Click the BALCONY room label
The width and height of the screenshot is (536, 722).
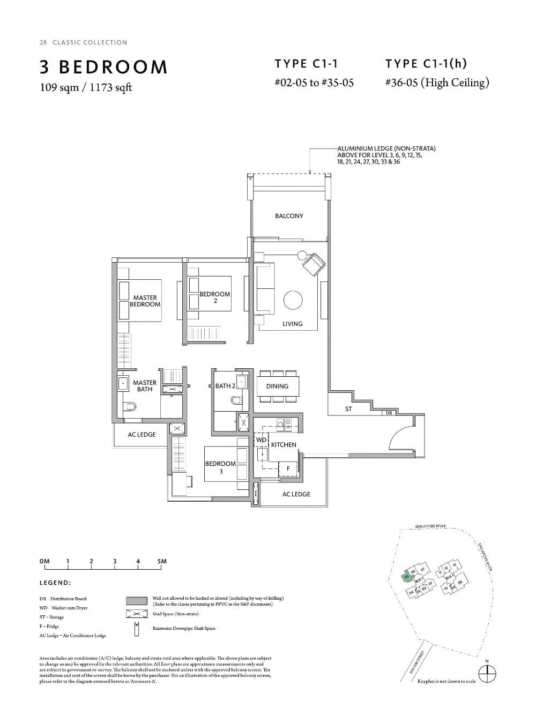click(289, 216)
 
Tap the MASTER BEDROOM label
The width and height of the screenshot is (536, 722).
click(145, 301)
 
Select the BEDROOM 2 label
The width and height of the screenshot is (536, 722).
click(215, 297)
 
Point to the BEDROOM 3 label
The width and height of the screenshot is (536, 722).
click(220, 466)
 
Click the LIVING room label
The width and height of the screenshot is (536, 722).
click(292, 324)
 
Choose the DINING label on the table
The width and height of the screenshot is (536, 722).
click(277, 386)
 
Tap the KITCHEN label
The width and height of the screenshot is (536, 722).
click(284, 444)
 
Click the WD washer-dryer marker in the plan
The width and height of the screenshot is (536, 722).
click(261, 440)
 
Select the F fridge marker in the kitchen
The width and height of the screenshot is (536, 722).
click(288, 468)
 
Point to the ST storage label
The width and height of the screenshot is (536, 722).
click(348, 409)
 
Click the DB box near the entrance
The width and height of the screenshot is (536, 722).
click(389, 413)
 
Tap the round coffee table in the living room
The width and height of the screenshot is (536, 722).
click(293, 300)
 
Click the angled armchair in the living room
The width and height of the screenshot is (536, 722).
click(314, 264)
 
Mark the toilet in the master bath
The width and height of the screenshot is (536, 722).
click(129, 406)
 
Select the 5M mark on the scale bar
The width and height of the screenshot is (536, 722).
click(162, 562)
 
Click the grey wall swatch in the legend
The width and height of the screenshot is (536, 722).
click(137, 601)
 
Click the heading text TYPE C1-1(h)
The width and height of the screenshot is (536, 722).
click(426, 64)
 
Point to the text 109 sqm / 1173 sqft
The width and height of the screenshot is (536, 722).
click(86, 87)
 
